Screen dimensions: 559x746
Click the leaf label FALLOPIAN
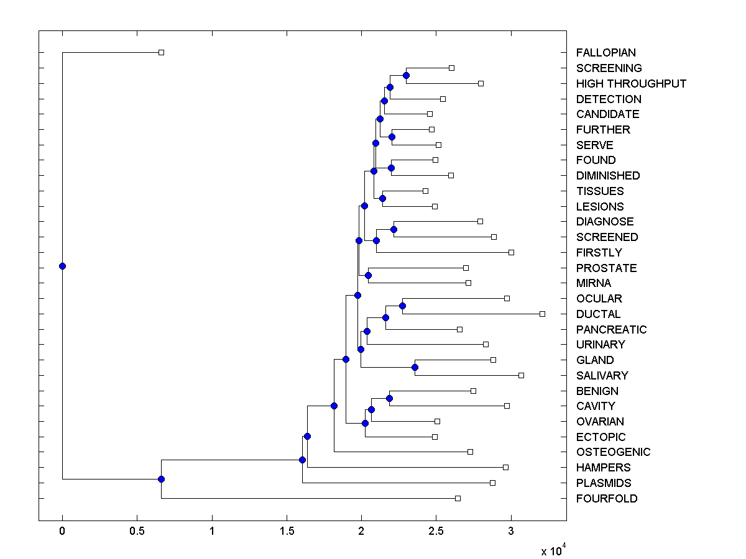tap(606, 53)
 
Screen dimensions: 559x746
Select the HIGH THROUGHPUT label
tap(631, 84)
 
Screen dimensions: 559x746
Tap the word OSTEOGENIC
tap(613, 452)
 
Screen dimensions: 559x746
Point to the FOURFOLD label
tap(606, 499)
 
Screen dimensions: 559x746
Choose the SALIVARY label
tap(602, 376)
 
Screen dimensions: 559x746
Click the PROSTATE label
tap(606, 268)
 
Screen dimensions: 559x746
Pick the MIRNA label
tap(594, 283)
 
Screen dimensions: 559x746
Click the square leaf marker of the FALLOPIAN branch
tap(161, 53)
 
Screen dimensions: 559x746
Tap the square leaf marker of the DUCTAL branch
tap(542, 314)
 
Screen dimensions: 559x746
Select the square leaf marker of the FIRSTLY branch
tap(511, 252)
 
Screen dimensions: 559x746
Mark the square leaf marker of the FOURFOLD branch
tap(458, 498)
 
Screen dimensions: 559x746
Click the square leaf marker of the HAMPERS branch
tap(505, 467)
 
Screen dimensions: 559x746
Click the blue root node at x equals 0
tap(62, 266)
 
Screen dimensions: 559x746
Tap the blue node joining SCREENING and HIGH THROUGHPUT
tap(406, 76)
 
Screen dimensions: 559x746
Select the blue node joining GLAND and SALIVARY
tap(415, 368)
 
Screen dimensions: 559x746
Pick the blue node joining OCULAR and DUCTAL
tap(402, 306)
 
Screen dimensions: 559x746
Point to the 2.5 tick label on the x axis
tap(436, 532)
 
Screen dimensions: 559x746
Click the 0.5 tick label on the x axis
tap(137, 532)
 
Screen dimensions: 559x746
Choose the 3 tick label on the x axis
tap(511, 532)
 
